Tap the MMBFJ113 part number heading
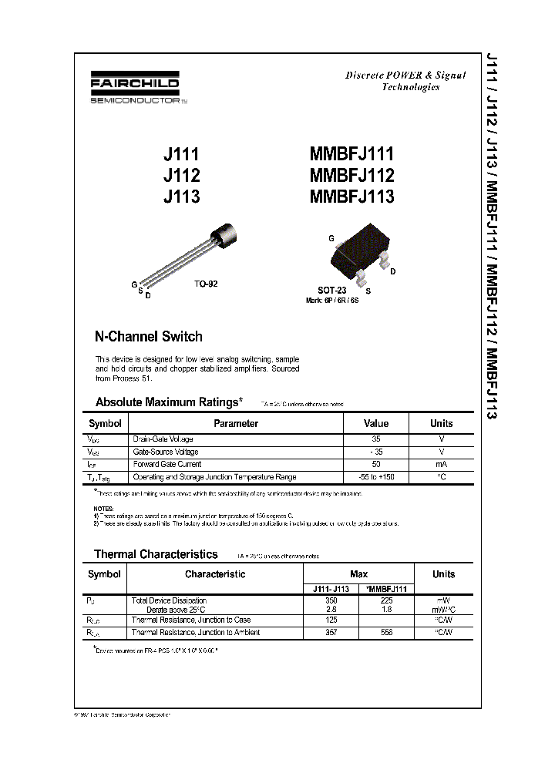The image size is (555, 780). (351, 196)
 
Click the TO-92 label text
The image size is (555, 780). (206, 284)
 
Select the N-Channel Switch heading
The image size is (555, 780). (148, 336)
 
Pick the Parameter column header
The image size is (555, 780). (236, 423)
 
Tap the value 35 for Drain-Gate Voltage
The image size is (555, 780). (376, 438)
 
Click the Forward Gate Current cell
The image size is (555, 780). (167, 464)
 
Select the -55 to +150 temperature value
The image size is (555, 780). (376, 477)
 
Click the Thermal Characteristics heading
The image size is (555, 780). (156, 554)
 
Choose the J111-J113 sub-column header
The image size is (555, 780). (331, 588)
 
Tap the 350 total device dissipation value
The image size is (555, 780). (331, 600)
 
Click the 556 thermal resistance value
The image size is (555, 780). (386, 632)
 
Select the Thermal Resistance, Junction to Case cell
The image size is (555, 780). (190, 620)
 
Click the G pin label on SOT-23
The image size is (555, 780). (331, 239)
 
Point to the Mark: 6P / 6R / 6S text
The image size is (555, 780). (332, 299)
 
